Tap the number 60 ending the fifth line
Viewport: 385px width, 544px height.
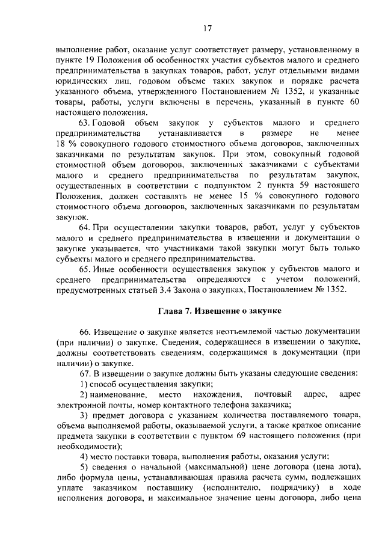tap(355, 101)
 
